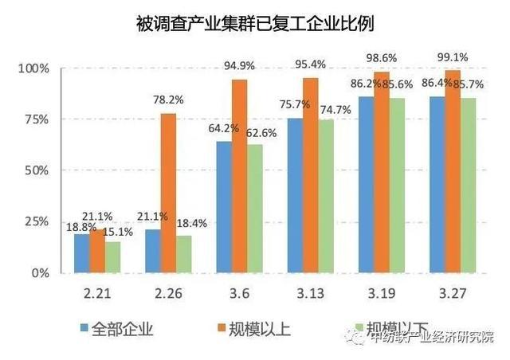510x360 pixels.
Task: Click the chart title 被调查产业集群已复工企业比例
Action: [x=255, y=24]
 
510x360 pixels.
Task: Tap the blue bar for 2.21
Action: [x=82, y=253]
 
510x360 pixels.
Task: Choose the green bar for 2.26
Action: [x=182, y=254]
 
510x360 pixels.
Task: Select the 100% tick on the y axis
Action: [x=33, y=68]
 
